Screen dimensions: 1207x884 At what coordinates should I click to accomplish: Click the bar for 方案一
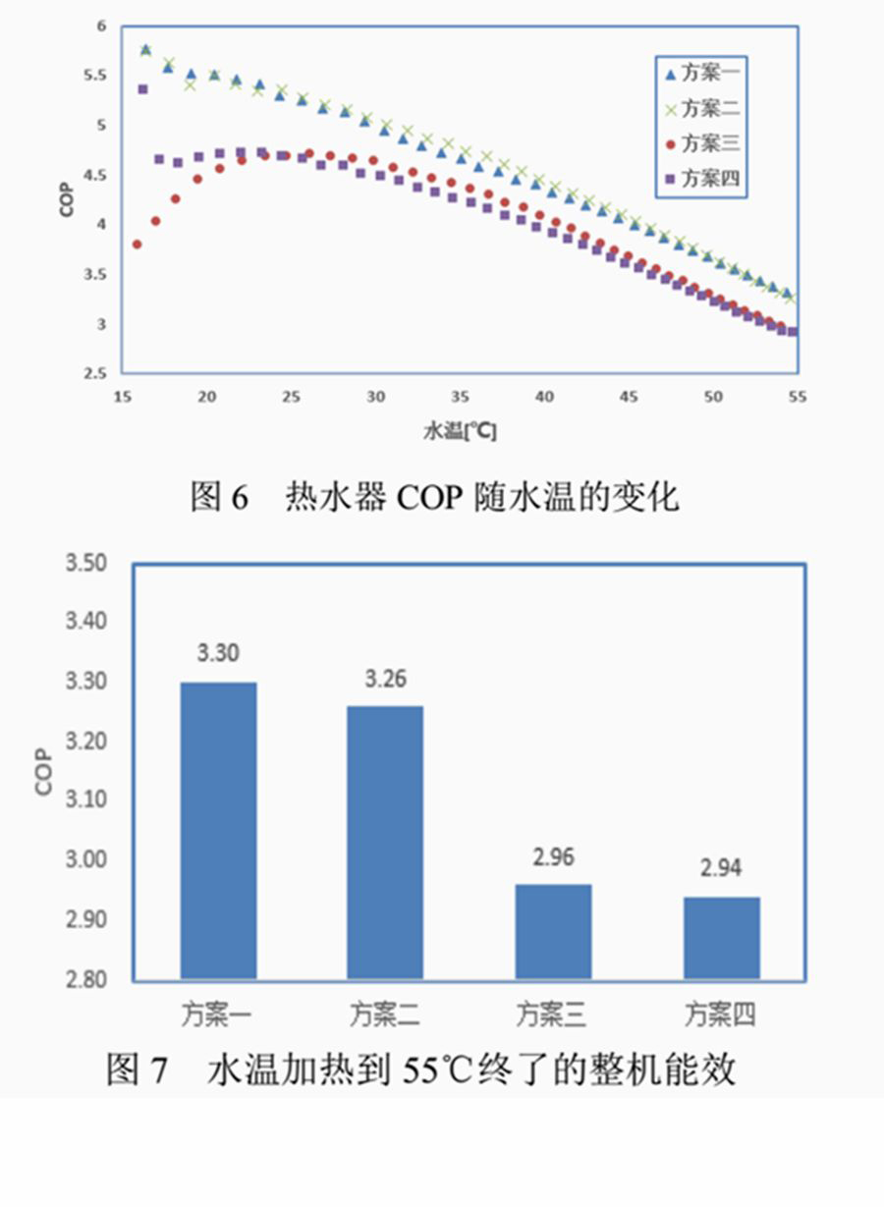tap(218, 830)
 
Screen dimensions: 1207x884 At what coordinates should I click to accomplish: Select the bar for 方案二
tap(385, 842)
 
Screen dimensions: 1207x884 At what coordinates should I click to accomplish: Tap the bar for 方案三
tap(553, 931)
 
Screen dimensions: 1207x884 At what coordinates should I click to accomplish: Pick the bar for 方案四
tap(721, 937)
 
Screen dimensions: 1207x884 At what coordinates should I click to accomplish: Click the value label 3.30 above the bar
tap(218, 654)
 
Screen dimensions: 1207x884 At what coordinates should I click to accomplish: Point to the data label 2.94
tap(721, 868)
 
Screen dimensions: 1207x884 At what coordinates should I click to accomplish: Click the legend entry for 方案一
tap(700, 73)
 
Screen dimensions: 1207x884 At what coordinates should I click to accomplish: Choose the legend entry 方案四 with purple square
tap(700, 179)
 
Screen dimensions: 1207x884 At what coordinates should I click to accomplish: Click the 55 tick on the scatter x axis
tap(796, 396)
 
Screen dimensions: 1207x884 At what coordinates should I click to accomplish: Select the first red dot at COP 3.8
tap(138, 244)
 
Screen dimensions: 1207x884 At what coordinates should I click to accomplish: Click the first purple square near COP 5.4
tap(142, 89)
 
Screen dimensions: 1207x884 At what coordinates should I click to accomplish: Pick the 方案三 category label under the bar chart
tap(553, 1013)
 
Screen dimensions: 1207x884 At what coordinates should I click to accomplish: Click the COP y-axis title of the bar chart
tap(45, 771)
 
